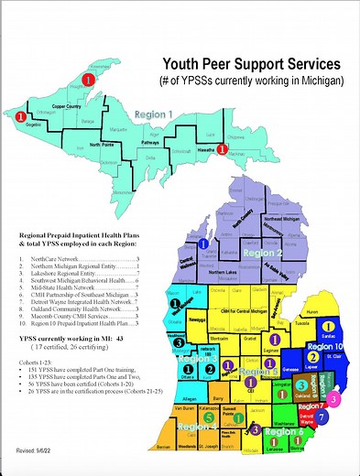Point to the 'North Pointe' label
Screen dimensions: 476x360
100,145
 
